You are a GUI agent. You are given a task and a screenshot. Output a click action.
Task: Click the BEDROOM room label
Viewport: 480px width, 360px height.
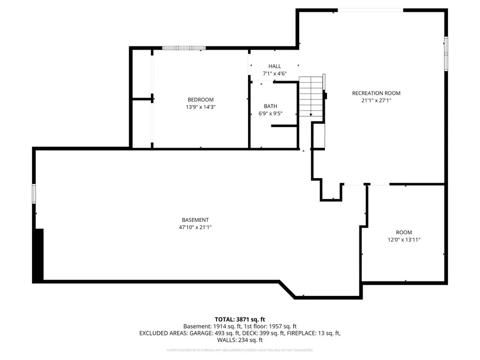(x=200, y=100)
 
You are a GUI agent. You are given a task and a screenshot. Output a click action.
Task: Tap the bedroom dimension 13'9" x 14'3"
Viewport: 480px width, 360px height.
(x=200, y=107)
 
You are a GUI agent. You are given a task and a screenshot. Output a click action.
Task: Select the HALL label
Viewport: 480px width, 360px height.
(x=275, y=66)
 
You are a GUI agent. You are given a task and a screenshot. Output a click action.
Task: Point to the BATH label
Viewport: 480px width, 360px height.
(x=270, y=106)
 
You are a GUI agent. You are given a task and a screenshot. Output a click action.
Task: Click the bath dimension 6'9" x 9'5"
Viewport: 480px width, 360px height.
(x=270, y=113)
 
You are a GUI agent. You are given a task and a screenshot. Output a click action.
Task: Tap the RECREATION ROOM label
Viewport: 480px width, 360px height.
(x=376, y=93)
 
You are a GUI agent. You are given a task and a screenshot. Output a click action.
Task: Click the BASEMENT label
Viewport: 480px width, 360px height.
(x=195, y=220)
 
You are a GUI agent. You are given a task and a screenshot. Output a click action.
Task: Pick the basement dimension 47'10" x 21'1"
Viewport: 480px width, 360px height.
(x=195, y=227)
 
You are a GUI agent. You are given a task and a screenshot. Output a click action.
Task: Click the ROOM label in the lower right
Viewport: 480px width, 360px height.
(x=404, y=233)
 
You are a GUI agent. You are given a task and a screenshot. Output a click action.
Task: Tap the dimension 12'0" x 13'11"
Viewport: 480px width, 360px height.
(x=404, y=240)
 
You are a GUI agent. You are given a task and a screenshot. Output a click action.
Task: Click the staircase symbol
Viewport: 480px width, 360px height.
(x=311, y=97)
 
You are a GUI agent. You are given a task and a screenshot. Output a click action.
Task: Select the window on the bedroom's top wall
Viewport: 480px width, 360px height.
(x=184, y=48)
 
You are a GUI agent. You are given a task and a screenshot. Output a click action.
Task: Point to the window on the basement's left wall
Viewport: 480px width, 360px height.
(x=34, y=194)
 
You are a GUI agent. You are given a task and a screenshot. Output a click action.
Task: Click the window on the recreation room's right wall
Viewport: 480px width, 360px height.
(x=446, y=53)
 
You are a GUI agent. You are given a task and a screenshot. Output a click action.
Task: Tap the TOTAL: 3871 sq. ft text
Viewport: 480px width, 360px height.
(x=239, y=318)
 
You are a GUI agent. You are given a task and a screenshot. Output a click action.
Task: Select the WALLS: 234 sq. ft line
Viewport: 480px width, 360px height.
(x=239, y=340)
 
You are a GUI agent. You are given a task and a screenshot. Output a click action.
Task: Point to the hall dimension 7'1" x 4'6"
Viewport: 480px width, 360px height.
(x=275, y=74)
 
